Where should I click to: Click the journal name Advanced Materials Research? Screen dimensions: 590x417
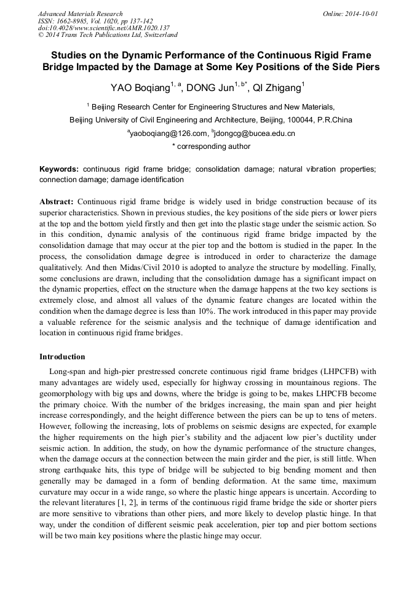pos(80,14)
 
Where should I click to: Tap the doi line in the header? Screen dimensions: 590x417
pos(104,28)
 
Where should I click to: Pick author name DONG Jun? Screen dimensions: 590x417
pos(208,88)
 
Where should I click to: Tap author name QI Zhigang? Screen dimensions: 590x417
pos(276,88)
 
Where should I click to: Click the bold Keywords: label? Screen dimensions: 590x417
pos(59,169)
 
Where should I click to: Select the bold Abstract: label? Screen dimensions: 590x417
pos(57,202)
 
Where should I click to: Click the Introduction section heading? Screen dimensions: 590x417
pos(62,357)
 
